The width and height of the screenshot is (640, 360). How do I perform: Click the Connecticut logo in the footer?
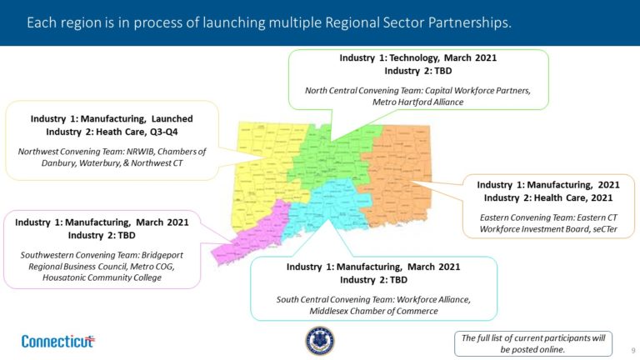click(57, 341)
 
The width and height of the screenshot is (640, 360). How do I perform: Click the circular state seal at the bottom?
click(320, 340)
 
